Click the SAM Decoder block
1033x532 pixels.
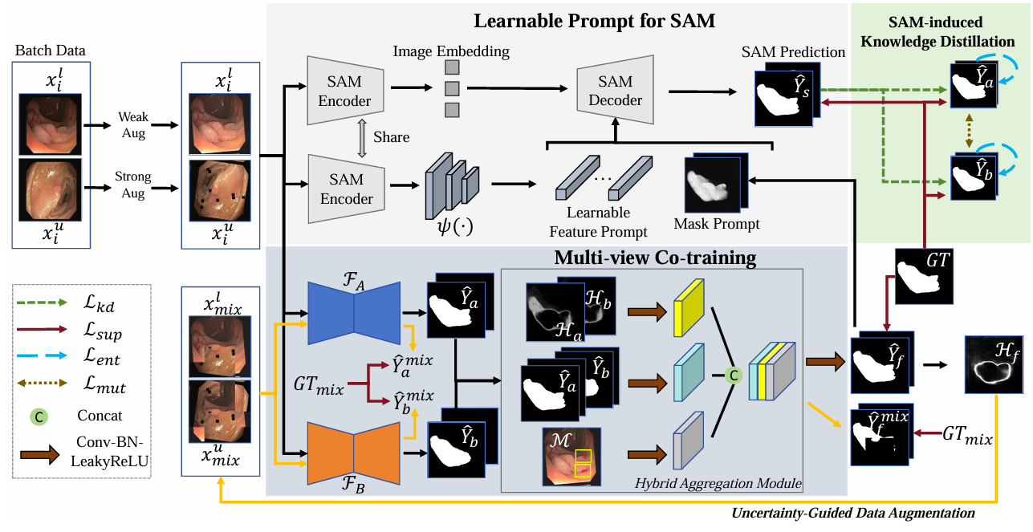(x=616, y=91)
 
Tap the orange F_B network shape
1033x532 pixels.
(x=354, y=451)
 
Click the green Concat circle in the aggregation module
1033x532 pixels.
(x=732, y=373)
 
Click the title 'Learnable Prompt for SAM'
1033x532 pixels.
(x=593, y=21)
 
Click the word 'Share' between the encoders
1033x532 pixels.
(x=391, y=137)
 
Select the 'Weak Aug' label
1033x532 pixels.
(x=133, y=125)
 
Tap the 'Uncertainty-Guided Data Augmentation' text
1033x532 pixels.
(x=854, y=512)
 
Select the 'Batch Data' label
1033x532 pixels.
(x=50, y=51)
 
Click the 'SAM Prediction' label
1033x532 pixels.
(x=794, y=52)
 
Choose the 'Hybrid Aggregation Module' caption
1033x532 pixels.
(x=718, y=481)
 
